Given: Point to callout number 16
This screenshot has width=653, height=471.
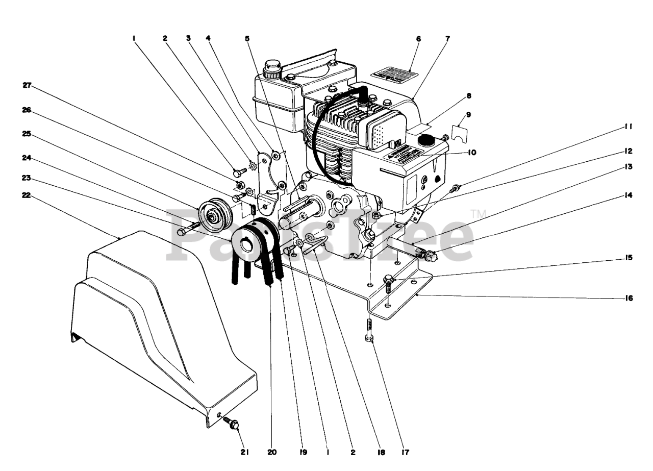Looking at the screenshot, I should (x=629, y=299).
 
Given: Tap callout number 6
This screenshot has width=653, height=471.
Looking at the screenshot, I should (x=418, y=38).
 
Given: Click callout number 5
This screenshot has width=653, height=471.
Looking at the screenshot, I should (x=247, y=38).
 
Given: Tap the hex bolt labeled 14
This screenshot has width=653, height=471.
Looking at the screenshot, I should (x=429, y=255).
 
